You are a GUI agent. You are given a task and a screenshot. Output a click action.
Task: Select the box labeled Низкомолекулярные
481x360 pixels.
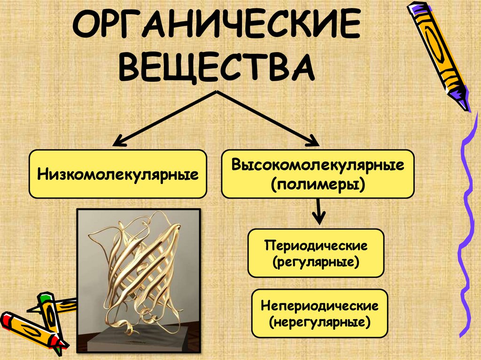(x=117, y=174)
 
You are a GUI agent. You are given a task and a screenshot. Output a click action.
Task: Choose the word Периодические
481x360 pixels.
(x=315, y=245)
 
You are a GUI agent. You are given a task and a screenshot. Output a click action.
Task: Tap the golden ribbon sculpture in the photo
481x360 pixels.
(x=141, y=272)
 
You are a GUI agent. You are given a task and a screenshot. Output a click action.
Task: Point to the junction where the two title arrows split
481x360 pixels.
(x=216, y=92)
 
